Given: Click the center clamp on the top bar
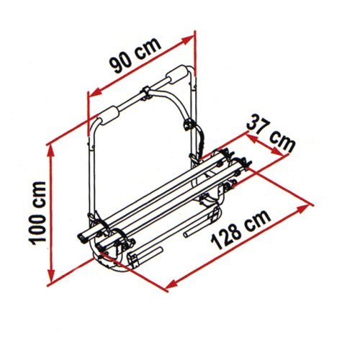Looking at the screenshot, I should point(145,93).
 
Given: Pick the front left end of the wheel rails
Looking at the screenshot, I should point(85,238).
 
